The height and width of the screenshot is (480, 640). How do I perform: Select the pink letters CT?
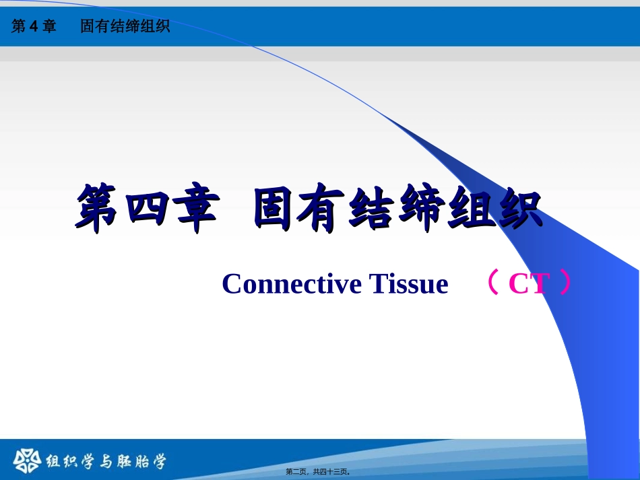pos(529,284)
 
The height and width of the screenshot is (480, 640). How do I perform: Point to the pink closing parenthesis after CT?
pos(565,284)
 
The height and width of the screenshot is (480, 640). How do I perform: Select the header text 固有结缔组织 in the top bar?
pos(125,27)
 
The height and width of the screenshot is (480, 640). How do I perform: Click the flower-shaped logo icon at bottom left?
pos(26,461)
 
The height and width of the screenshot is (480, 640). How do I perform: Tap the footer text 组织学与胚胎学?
pos(106,462)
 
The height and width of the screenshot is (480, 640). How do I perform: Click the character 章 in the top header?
pos(50,27)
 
